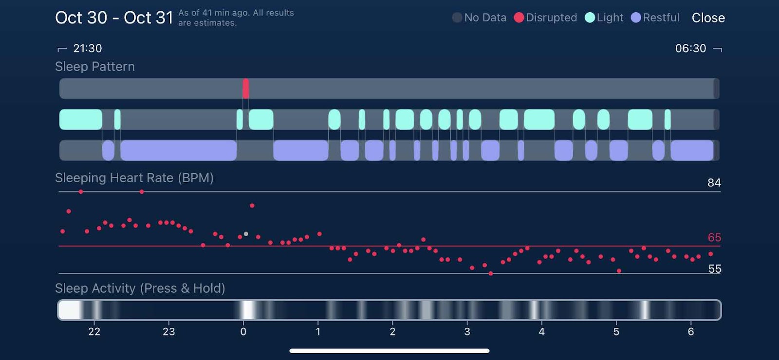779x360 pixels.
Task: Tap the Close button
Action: point(708,18)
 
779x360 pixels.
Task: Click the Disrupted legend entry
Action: point(546,18)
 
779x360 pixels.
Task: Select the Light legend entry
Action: point(604,18)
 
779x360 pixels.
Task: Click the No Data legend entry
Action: point(480,18)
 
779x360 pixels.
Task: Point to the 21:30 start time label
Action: point(87,48)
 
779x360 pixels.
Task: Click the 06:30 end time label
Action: point(690,48)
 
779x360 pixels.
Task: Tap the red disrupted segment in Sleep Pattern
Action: point(246,89)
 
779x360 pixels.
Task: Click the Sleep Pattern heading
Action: point(95,67)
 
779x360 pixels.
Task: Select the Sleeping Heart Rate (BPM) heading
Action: point(134,178)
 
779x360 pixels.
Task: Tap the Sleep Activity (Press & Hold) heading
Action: point(140,288)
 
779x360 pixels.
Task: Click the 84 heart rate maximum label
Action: point(714,183)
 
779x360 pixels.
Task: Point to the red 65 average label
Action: point(714,238)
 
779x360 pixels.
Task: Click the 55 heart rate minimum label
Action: point(714,269)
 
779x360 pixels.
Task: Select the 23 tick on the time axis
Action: point(168,332)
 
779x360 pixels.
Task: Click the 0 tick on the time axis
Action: point(243,332)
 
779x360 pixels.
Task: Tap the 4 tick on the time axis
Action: point(541,332)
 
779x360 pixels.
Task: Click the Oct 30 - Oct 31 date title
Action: point(114,18)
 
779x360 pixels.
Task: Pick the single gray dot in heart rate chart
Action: point(246,234)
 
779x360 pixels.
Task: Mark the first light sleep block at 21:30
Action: point(81,119)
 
